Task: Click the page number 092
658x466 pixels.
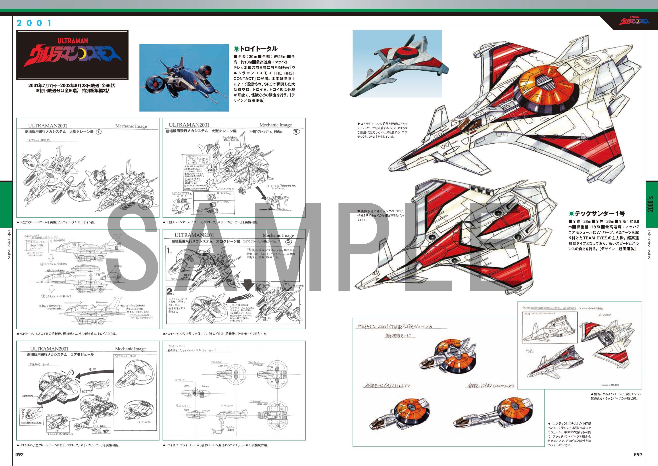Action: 19,454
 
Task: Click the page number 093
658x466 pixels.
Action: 638,454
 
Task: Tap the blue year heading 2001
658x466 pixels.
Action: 34,23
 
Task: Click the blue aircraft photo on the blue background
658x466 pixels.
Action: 184,77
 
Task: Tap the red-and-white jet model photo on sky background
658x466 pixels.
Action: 397,64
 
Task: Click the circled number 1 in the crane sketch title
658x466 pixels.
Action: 98,132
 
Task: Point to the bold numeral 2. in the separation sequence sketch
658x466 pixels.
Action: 170,292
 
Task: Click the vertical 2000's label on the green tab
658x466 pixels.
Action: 651,204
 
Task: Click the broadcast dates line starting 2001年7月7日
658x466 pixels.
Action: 72,85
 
